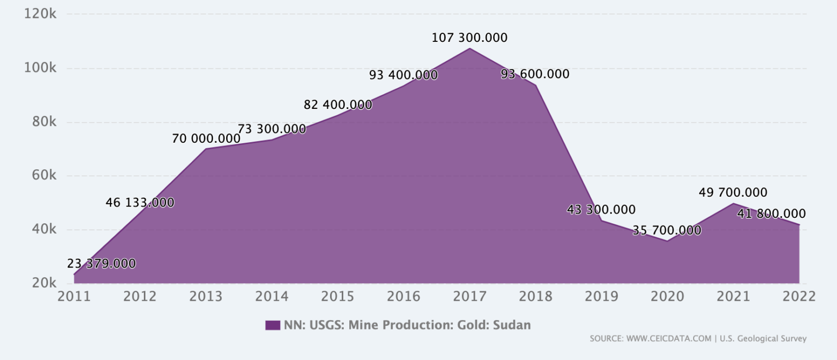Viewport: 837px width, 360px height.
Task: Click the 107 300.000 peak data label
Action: coord(469,38)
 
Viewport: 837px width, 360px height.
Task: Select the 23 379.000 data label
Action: coord(101,264)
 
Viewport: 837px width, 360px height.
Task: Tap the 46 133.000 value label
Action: coord(140,203)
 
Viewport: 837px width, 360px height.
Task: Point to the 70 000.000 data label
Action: coord(206,139)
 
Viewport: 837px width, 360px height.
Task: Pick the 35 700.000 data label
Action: coord(666,230)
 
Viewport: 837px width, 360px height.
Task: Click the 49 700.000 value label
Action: coord(733,193)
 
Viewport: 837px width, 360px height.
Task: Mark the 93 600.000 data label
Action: coord(535,74)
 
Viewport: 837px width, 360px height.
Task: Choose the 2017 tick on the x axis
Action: coord(470,296)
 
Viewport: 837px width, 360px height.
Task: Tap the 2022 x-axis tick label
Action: coord(799,296)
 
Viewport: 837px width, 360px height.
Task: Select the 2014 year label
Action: coord(272,296)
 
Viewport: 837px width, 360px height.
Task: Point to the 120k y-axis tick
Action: coord(40,14)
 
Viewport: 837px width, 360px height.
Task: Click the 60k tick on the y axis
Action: coord(44,175)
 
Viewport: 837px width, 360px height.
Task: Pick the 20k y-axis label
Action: coord(44,283)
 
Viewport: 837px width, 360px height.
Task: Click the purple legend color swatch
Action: coord(272,325)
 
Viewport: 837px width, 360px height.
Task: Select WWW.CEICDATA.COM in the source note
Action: coord(669,339)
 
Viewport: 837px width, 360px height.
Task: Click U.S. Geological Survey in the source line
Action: coord(763,339)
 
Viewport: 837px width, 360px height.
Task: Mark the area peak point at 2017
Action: coord(470,48)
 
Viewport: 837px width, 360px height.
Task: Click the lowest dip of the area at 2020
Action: coord(667,241)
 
